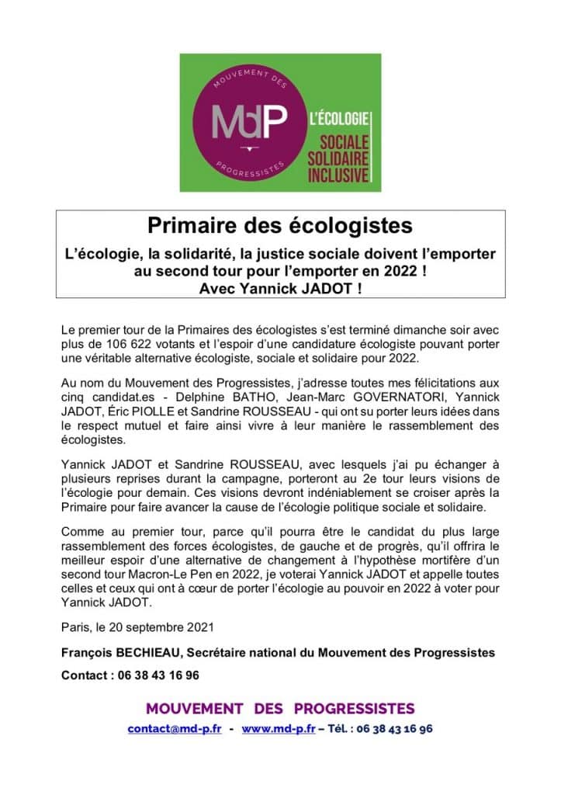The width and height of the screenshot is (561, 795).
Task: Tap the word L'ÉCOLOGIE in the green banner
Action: click(338, 120)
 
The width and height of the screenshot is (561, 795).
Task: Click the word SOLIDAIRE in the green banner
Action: click(338, 158)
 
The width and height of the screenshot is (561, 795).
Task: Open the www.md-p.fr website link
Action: click(278, 729)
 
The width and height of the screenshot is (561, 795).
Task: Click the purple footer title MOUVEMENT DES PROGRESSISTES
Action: click(280, 708)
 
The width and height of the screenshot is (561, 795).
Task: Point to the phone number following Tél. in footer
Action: click(394, 729)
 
